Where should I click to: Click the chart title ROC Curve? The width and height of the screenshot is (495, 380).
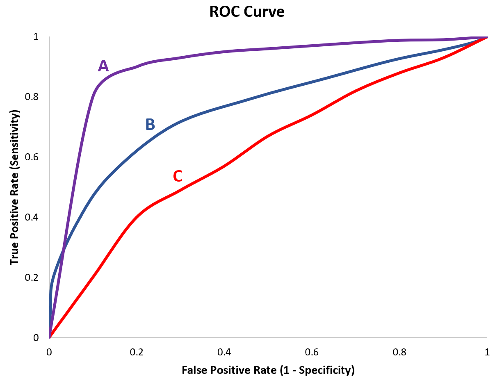coord(247,12)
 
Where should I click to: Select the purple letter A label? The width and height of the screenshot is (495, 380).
coord(103,66)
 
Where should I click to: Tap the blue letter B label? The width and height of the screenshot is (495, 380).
coord(150,124)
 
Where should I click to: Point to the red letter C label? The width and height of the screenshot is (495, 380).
coord(177,176)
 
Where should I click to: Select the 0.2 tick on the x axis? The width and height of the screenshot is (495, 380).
coord(137,352)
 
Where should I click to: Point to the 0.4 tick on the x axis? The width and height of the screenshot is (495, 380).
coord(224,352)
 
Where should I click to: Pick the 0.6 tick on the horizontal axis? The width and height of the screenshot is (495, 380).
coord(312,352)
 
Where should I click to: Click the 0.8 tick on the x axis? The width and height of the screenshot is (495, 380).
coord(399,352)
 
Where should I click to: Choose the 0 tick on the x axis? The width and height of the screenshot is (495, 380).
coord(49,352)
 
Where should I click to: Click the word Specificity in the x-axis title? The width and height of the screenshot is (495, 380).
coord(326,371)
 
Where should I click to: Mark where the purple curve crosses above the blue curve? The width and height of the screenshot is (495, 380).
coord(63,249)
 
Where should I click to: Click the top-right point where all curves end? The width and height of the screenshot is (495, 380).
coord(487,37)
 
